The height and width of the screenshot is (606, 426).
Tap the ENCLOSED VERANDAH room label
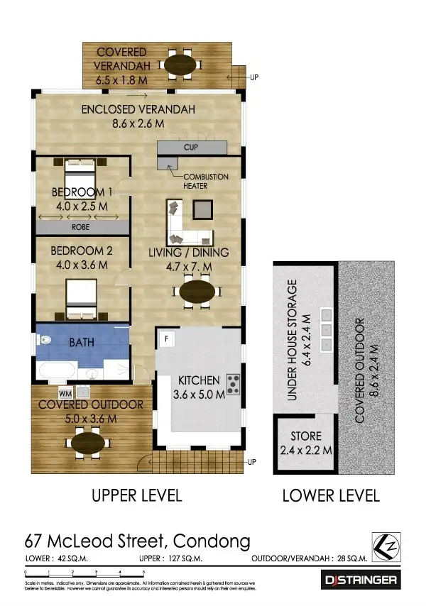(x=138, y=116)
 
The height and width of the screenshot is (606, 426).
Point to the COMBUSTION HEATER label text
(x=205, y=181)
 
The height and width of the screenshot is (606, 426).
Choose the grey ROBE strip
(x=82, y=228)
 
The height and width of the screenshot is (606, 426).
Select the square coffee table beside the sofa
(x=202, y=209)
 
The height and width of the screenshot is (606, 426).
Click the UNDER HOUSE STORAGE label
(x=298, y=342)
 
